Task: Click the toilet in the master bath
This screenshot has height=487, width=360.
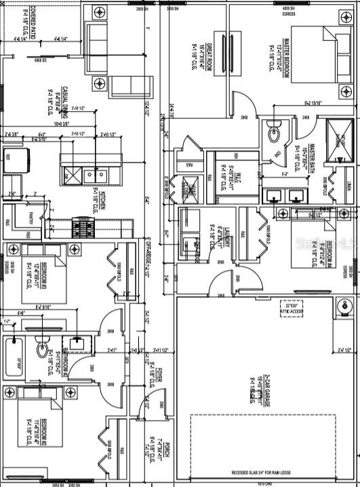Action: [x=275, y=133]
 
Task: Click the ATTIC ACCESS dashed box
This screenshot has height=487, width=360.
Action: [x=294, y=308]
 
